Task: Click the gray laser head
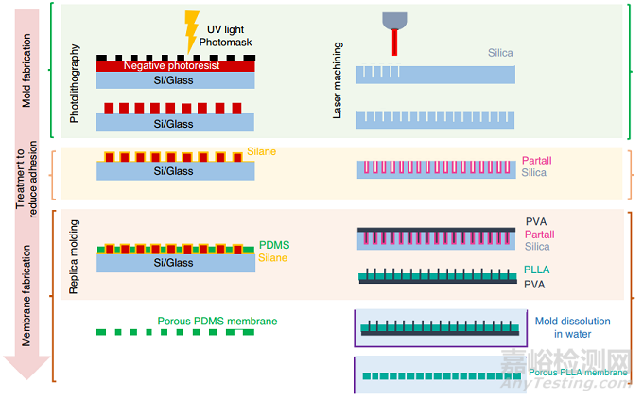tap(392, 19)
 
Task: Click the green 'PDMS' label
tap(273, 245)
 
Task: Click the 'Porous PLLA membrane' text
tap(578, 373)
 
